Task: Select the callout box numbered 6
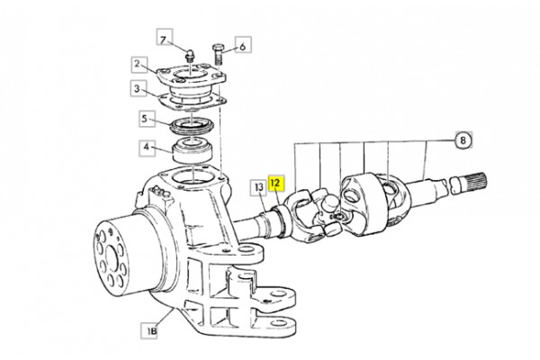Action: (243, 45)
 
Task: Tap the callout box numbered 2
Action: (139, 64)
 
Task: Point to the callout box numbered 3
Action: (138, 89)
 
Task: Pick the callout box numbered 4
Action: (147, 148)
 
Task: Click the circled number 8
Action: (463, 139)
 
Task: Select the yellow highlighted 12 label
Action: (276, 183)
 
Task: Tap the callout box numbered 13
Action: (258, 187)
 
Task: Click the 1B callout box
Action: (149, 330)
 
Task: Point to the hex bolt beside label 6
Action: (218, 54)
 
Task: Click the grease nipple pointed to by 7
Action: (189, 55)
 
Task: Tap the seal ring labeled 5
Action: (193, 126)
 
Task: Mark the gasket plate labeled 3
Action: (193, 102)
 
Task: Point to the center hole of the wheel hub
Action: (112, 257)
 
